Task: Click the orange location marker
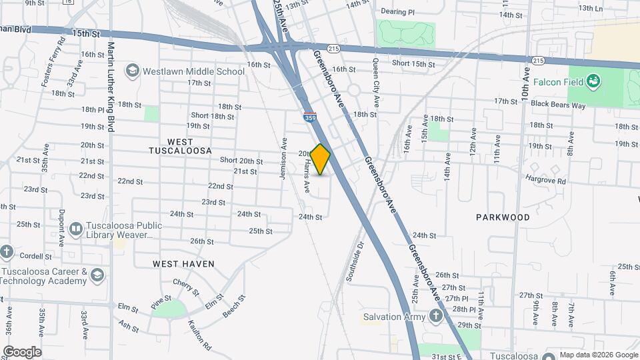tap(321, 159)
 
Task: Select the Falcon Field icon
tap(593, 82)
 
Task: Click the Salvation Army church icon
tap(436, 316)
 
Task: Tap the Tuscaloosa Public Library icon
tap(76, 230)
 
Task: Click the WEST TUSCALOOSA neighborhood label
tap(181, 146)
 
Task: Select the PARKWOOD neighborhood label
tap(503, 217)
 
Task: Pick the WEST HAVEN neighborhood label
tap(184, 264)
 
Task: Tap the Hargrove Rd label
tap(545, 180)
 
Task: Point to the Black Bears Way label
tap(558, 105)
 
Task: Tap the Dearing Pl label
tap(397, 12)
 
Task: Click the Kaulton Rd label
tap(199, 337)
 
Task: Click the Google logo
tap(22, 351)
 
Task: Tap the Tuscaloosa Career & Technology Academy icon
tap(98, 275)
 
